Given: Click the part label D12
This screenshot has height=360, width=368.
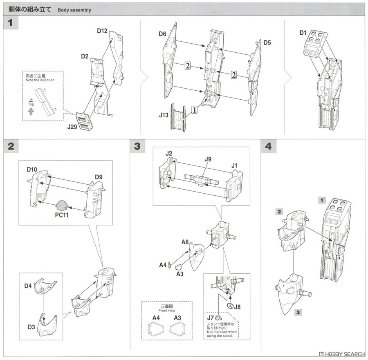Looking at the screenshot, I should [x=102, y=31].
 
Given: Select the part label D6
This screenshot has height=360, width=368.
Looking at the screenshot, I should [x=162, y=35].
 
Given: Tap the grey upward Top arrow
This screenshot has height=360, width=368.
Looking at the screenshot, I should [x=31, y=111].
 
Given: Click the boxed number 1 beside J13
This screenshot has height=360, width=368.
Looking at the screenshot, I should [x=195, y=110].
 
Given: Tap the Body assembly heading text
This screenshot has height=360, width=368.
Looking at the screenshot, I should [x=74, y=10].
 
